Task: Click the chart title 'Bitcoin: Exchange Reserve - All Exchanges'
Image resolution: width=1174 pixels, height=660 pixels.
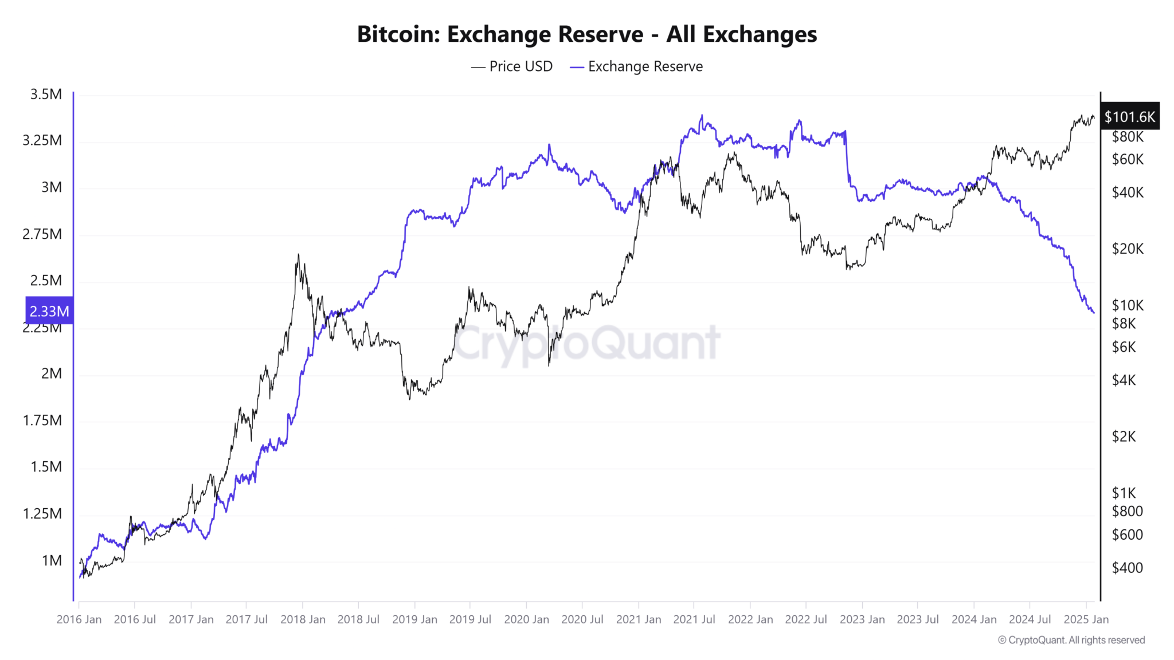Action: (x=587, y=34)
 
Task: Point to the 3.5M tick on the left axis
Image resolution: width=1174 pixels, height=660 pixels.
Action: (x=46, y=95)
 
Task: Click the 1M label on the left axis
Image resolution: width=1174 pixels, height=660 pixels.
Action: (x=52, y=560)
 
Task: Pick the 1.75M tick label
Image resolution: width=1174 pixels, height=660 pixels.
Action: (x=42, y=421)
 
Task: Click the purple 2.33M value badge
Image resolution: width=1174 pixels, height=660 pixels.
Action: (x=49, y=311)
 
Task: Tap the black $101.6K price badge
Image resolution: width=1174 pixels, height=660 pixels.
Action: (x=1129, y=117)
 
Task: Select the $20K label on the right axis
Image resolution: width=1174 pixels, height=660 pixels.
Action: (x=1127, y=249)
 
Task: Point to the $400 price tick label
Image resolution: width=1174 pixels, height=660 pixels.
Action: (x=1127, y=568)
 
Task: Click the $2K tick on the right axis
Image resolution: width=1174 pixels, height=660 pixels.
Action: (x=1124, y=437)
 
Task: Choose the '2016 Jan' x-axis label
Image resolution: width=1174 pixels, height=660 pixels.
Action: (x=79, y=619)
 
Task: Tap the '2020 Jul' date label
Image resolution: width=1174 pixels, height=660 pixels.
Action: (x=582, y=619)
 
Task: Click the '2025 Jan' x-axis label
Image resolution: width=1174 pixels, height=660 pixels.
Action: (x=1086, y=619)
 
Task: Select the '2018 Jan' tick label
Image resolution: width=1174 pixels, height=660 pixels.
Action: (x=303, y=619)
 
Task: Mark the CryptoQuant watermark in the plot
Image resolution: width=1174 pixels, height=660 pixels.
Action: (x=587, y=343)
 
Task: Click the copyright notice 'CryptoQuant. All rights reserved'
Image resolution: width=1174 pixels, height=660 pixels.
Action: (x=1071, y=640)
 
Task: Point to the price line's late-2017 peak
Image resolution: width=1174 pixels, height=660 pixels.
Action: (x=298, y=255)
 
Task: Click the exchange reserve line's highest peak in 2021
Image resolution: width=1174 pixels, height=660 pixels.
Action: (x=702, y=116)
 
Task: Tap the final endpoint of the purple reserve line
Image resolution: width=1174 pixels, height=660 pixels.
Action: (x=1094, y=312)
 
